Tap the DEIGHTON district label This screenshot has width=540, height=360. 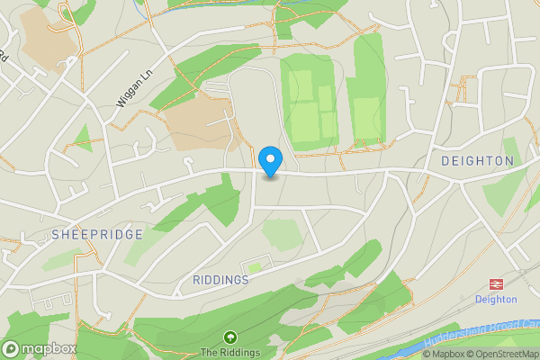pyautogui.click(x=477, y=161)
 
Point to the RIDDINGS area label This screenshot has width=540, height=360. pyautogui.click(x=220, y=280)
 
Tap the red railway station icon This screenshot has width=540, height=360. pyautogui.click(x=495, y=282)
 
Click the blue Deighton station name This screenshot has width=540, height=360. pyautogui.click(x=496, y=299)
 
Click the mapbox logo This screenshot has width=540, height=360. pyautogui.click(x=40, y=349)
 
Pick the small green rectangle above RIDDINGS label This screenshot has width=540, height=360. pyautogui.click(x=256, y=265)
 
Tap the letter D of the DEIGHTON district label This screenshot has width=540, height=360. pyautogui.click(x=446, y=161)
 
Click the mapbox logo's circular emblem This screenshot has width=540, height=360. pyautogui.click(x=12, y=349)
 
